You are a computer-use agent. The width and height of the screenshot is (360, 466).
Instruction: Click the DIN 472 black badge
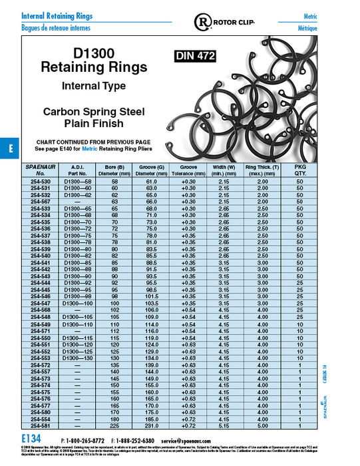(x=194, y=57)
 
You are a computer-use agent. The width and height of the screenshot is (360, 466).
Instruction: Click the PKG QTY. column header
(x=299, y=169)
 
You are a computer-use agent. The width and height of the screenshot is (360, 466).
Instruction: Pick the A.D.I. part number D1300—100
(x=79, y=303)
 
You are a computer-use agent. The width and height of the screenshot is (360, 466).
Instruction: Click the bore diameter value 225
(x=116, y=425)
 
